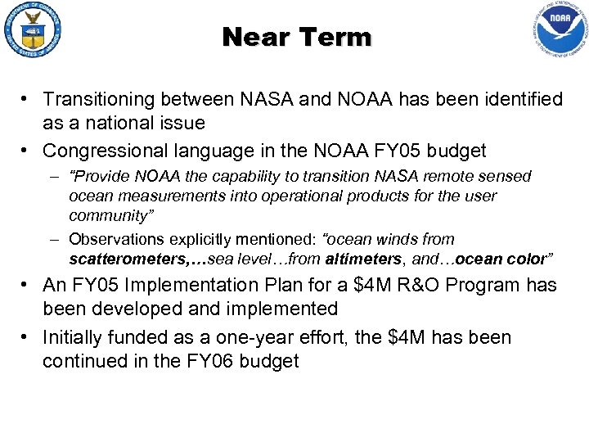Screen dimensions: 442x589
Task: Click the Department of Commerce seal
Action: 34,33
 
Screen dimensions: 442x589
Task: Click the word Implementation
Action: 191,286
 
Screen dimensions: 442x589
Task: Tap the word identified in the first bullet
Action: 517,100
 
